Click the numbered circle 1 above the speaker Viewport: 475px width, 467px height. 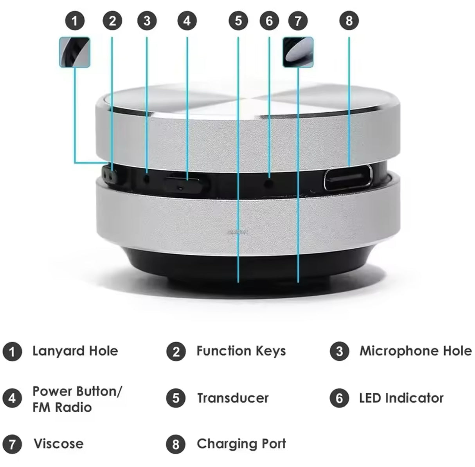click(75, 21)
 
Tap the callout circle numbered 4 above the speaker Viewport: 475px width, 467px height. click(187, 21)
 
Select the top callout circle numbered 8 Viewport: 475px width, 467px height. click(349, 21)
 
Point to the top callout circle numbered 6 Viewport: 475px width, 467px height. click(269, 21)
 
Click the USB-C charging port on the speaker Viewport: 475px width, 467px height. click(347, 178)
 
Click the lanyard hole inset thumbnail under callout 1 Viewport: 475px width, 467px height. click(75, 52)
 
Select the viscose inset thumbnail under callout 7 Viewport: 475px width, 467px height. click(298, 52)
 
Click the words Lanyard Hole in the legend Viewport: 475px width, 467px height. click(75, 351)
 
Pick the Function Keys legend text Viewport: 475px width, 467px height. click(241, 351)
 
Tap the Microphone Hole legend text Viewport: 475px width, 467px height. click(416, 351)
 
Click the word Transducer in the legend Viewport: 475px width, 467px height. click(233, 398)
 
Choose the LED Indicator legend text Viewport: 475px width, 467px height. click(401, 398)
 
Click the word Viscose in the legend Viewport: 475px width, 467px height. click(58, 444)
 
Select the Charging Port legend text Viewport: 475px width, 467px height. click(241, 444)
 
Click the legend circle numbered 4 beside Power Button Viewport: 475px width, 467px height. click(12, 399)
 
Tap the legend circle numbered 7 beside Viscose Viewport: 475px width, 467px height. click(12, 444)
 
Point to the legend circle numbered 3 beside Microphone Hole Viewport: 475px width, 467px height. click(339, 351)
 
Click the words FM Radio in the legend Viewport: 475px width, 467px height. click(62, 408)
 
